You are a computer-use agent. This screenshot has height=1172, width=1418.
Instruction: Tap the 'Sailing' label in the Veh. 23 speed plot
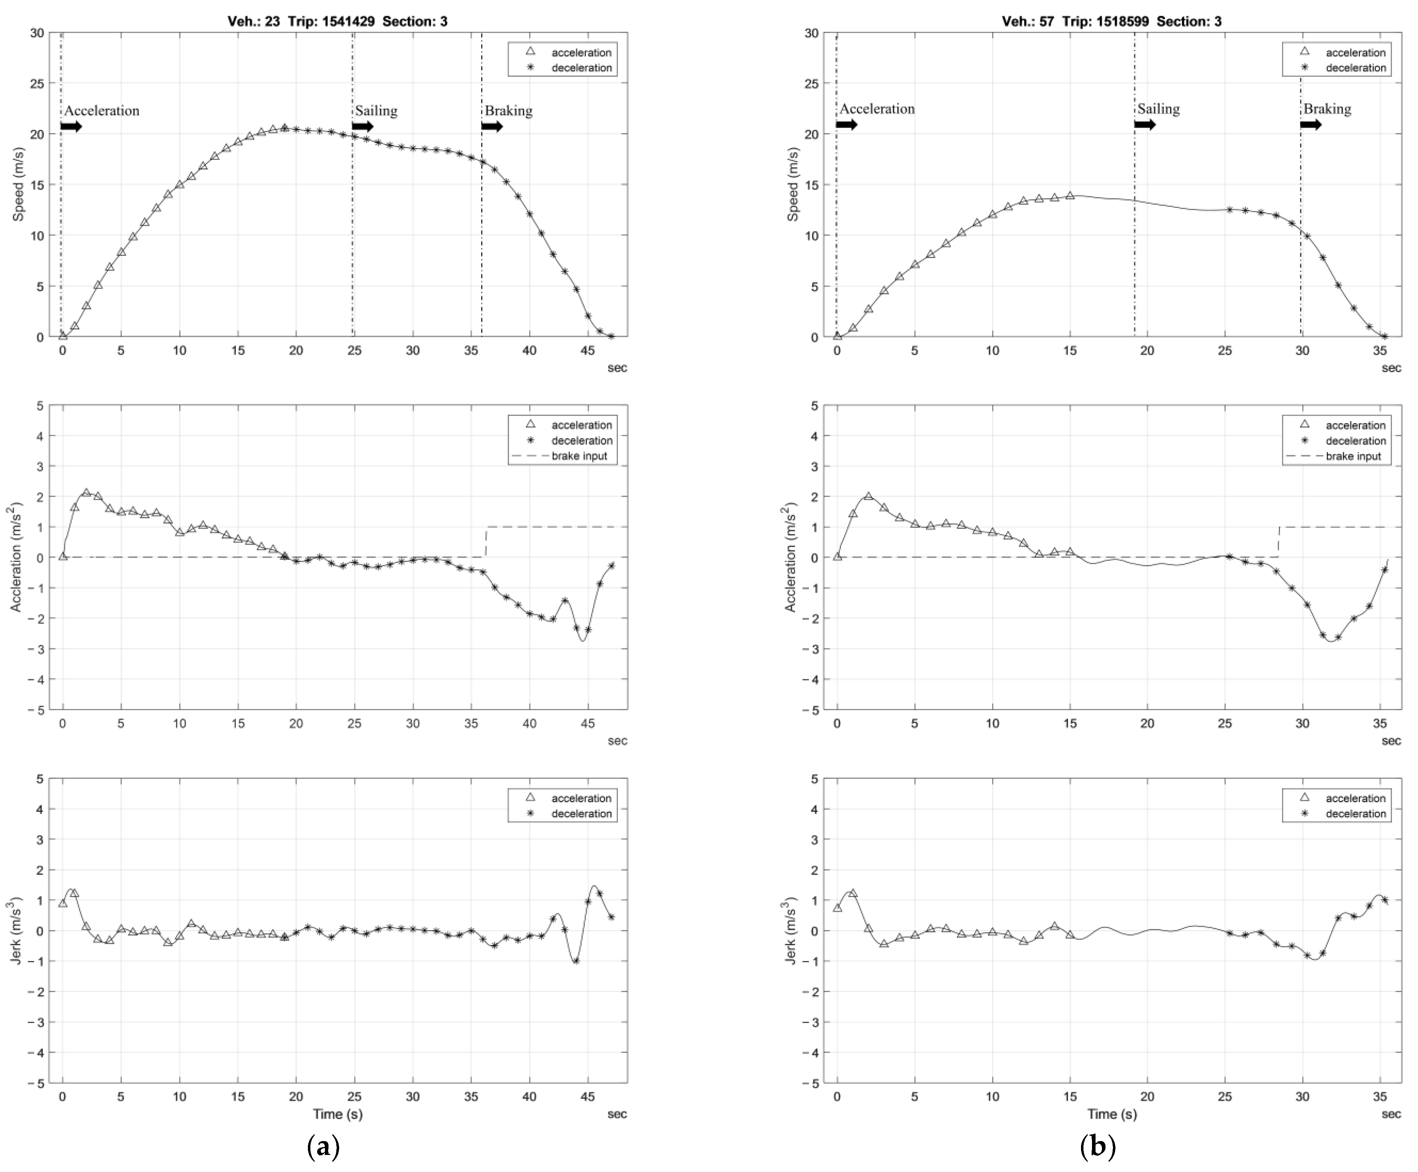pyautogui.click(x=376, y=111)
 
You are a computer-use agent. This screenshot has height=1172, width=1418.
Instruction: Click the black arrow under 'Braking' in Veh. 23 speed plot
pyautogui.click(x=492, y=126)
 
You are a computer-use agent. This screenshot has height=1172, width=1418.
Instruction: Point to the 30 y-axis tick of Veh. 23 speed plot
pyautogui.click(x=37, y=33)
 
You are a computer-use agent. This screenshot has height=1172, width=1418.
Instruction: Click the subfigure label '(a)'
pyautogui.click(x=323, y=1147)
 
